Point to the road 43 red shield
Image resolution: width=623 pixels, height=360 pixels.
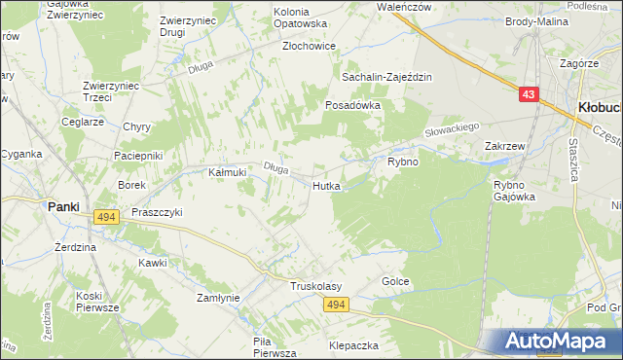point(528,94)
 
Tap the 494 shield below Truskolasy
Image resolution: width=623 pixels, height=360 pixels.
point(335,306)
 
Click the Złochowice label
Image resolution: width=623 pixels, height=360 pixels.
point(309,46)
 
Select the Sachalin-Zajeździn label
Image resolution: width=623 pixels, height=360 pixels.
point(385,77)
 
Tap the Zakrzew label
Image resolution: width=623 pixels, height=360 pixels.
point(505,147)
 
